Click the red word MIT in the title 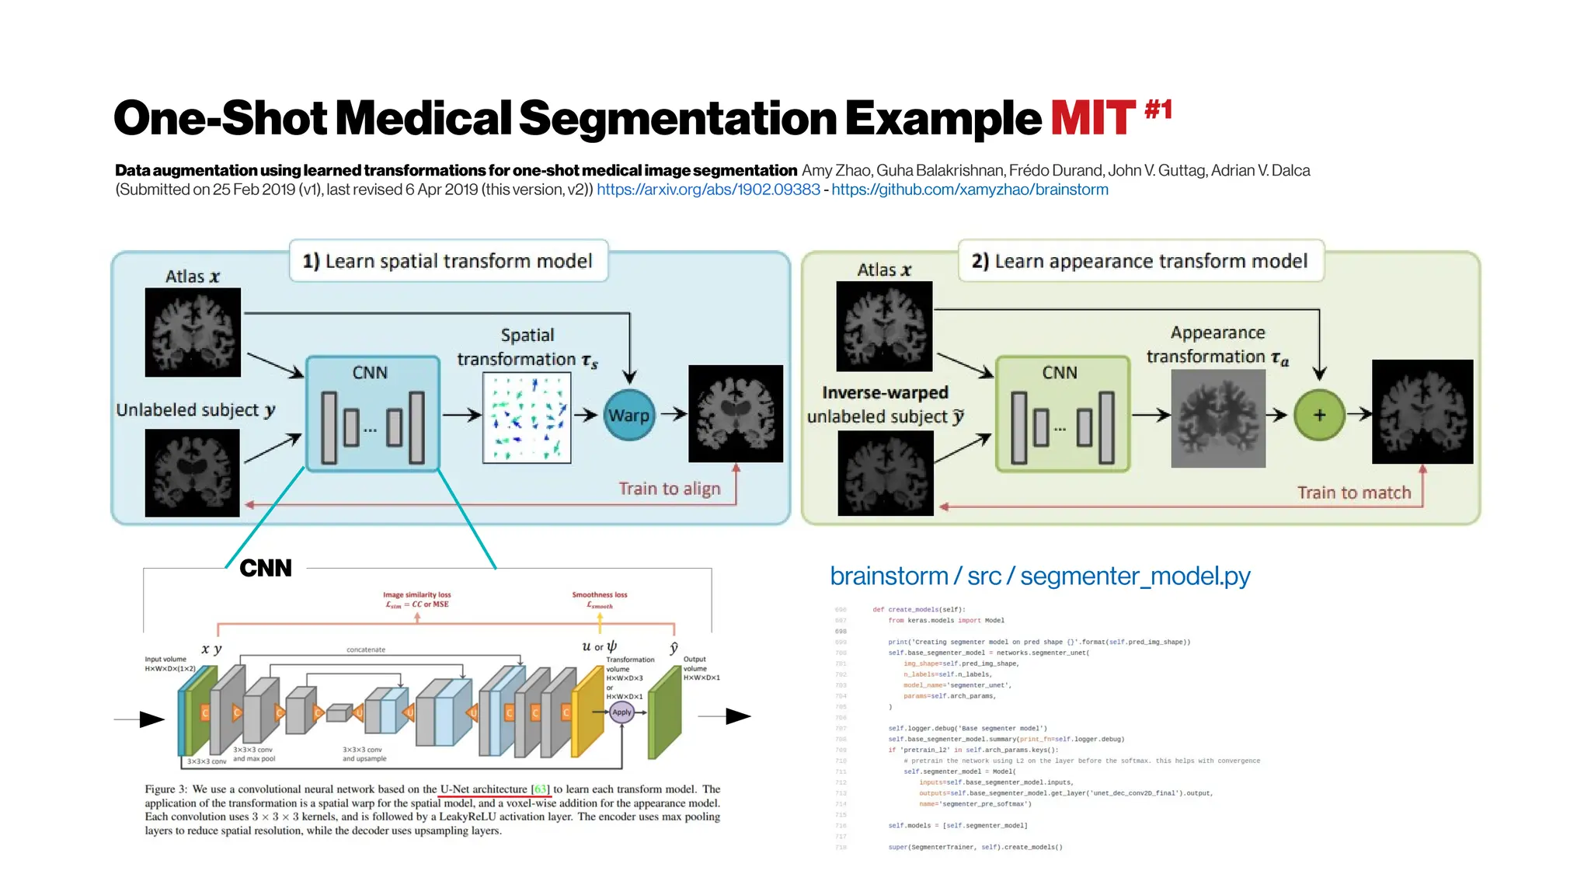[x=1093, y=119]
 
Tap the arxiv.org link [x=708, y=190]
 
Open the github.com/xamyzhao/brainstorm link [x=970, y=190]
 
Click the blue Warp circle [x=629, y=415]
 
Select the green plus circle [x=1319, y=415]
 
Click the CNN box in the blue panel [x=373, y=414]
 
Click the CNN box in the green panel [x=1062, y=414]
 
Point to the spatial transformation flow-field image [x=527, y=418]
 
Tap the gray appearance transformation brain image [x=1217, y=418]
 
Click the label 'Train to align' [x=669, y=489]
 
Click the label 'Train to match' [x=1353, y=493]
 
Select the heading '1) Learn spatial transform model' [x=447, y=261]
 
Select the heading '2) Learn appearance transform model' [x=1140, y=261]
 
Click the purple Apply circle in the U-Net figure [x=621, y=712]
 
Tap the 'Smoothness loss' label [x=599, y=595]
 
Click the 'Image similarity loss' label [x=416, y=595]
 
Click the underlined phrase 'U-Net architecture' [x=483, y=789]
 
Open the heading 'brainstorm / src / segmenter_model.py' [x=1039, y=576]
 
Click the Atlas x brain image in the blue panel [x=193, y=333]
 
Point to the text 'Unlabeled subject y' [x=195, y=410]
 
